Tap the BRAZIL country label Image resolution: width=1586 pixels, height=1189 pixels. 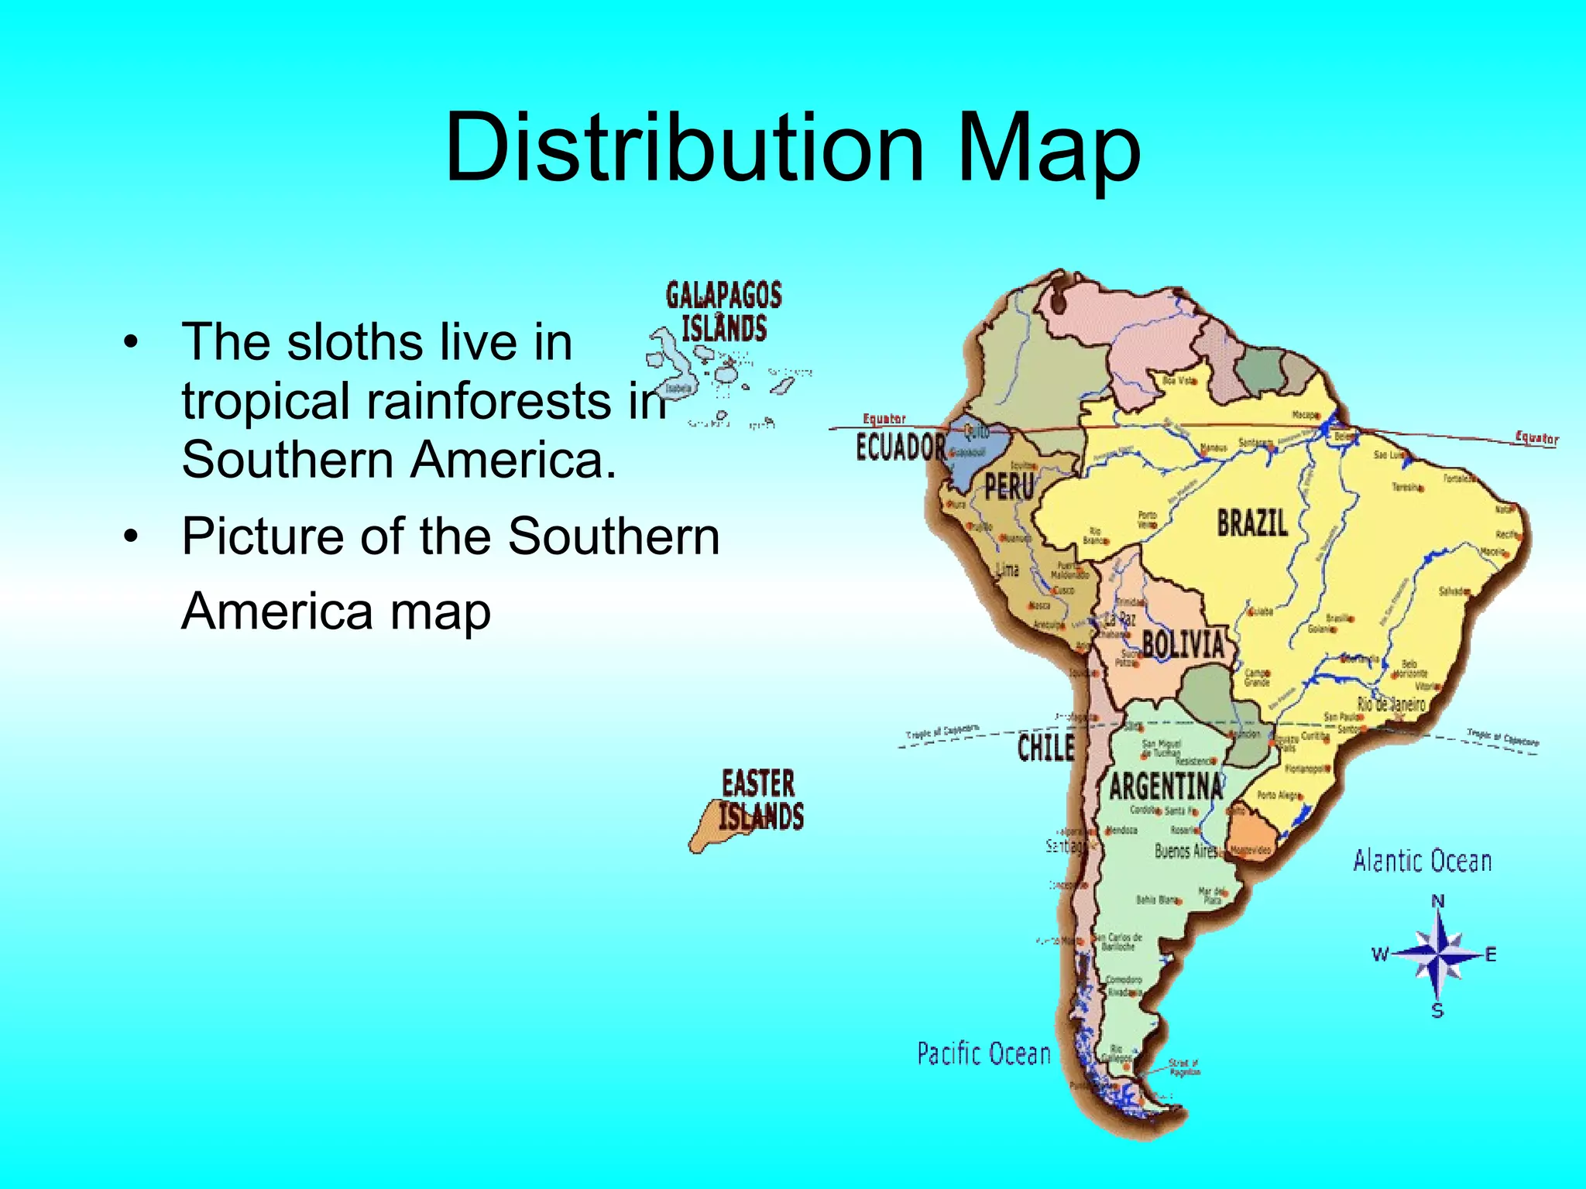pos(1252,523)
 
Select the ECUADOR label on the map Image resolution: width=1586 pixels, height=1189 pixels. pos(901,447)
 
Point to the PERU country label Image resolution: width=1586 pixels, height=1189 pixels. pos(1009,487)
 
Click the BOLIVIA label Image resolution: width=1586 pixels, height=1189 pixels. pos(1183,644)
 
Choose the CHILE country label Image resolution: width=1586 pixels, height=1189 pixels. pos(1045,748)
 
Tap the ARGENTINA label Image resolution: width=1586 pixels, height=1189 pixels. pos(1166,787)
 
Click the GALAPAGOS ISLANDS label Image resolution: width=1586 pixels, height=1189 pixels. pos(724,311)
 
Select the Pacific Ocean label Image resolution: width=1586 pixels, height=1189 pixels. pos(984,1054)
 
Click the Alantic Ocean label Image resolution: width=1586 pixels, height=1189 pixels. pos(1422,861)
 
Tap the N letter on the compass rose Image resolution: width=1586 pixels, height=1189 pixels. pos(1438,901)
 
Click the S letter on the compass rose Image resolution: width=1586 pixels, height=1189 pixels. pos(1437,1010)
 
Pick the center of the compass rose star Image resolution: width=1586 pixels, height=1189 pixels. pos(1437,955)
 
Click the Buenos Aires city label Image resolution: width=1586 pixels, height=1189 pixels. pos(1186,851)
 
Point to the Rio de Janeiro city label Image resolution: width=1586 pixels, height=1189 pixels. pos(1391,704)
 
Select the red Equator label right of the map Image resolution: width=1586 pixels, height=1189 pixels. pos(1536,438)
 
